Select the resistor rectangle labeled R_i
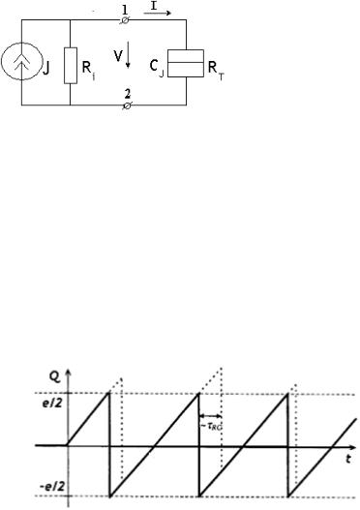(71, 66)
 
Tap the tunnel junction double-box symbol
(186, 63)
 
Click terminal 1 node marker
(125, 20)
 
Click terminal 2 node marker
(127, 105)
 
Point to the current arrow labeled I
(158, 13)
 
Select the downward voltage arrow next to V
(128, 55)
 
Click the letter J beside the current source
(46, 69)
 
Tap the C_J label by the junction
(157, 68)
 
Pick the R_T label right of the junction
(216, 70)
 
